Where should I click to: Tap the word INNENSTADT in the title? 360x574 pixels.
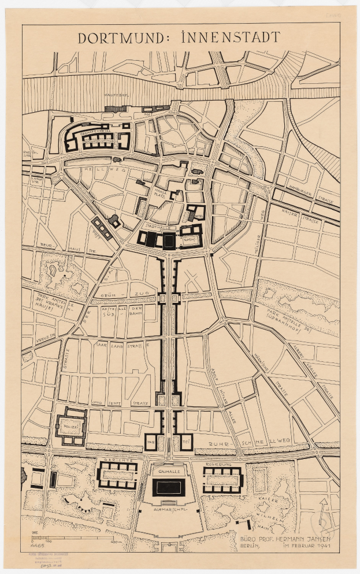pos(231,38)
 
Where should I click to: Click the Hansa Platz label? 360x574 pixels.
pos(161,192)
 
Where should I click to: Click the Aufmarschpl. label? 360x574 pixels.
pos(169,511)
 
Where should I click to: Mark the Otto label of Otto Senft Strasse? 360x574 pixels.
pos(99,401)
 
